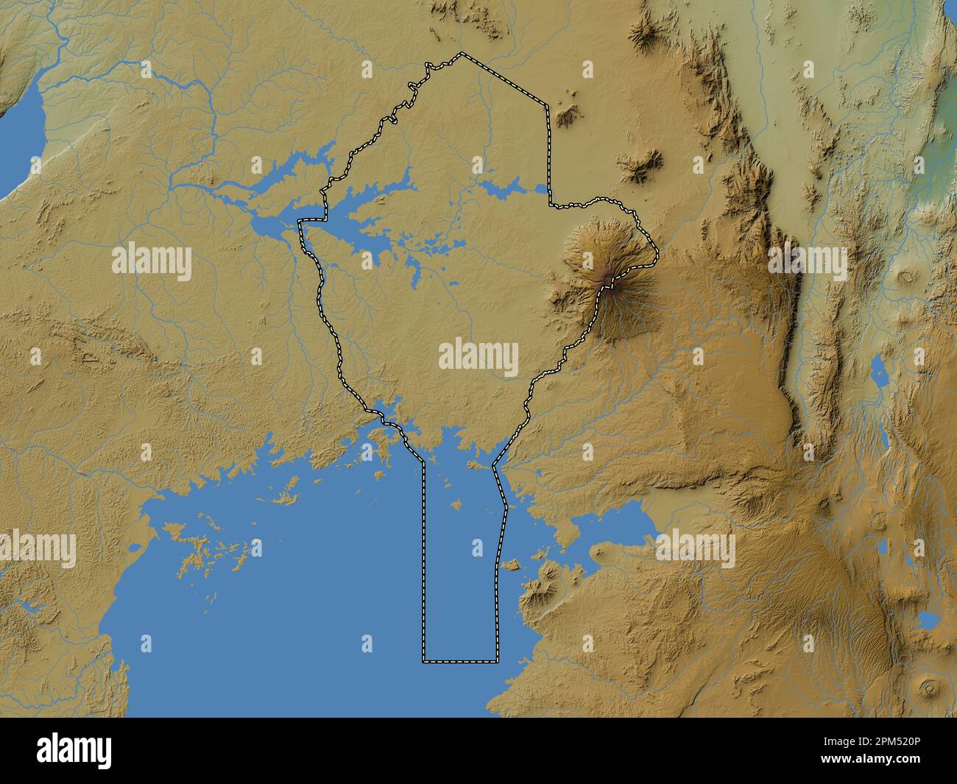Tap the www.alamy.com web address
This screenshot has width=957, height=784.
coord(881,760)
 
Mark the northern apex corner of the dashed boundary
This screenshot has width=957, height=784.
coord(462,54)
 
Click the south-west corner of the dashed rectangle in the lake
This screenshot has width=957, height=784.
coord(424,661)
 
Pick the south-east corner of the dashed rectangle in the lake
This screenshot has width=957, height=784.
coord(497,661)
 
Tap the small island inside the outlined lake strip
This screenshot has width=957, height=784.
coord(457,505)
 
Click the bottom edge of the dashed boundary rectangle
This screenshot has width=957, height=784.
coord(460,661)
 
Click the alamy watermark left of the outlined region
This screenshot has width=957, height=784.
coord(152,263)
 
